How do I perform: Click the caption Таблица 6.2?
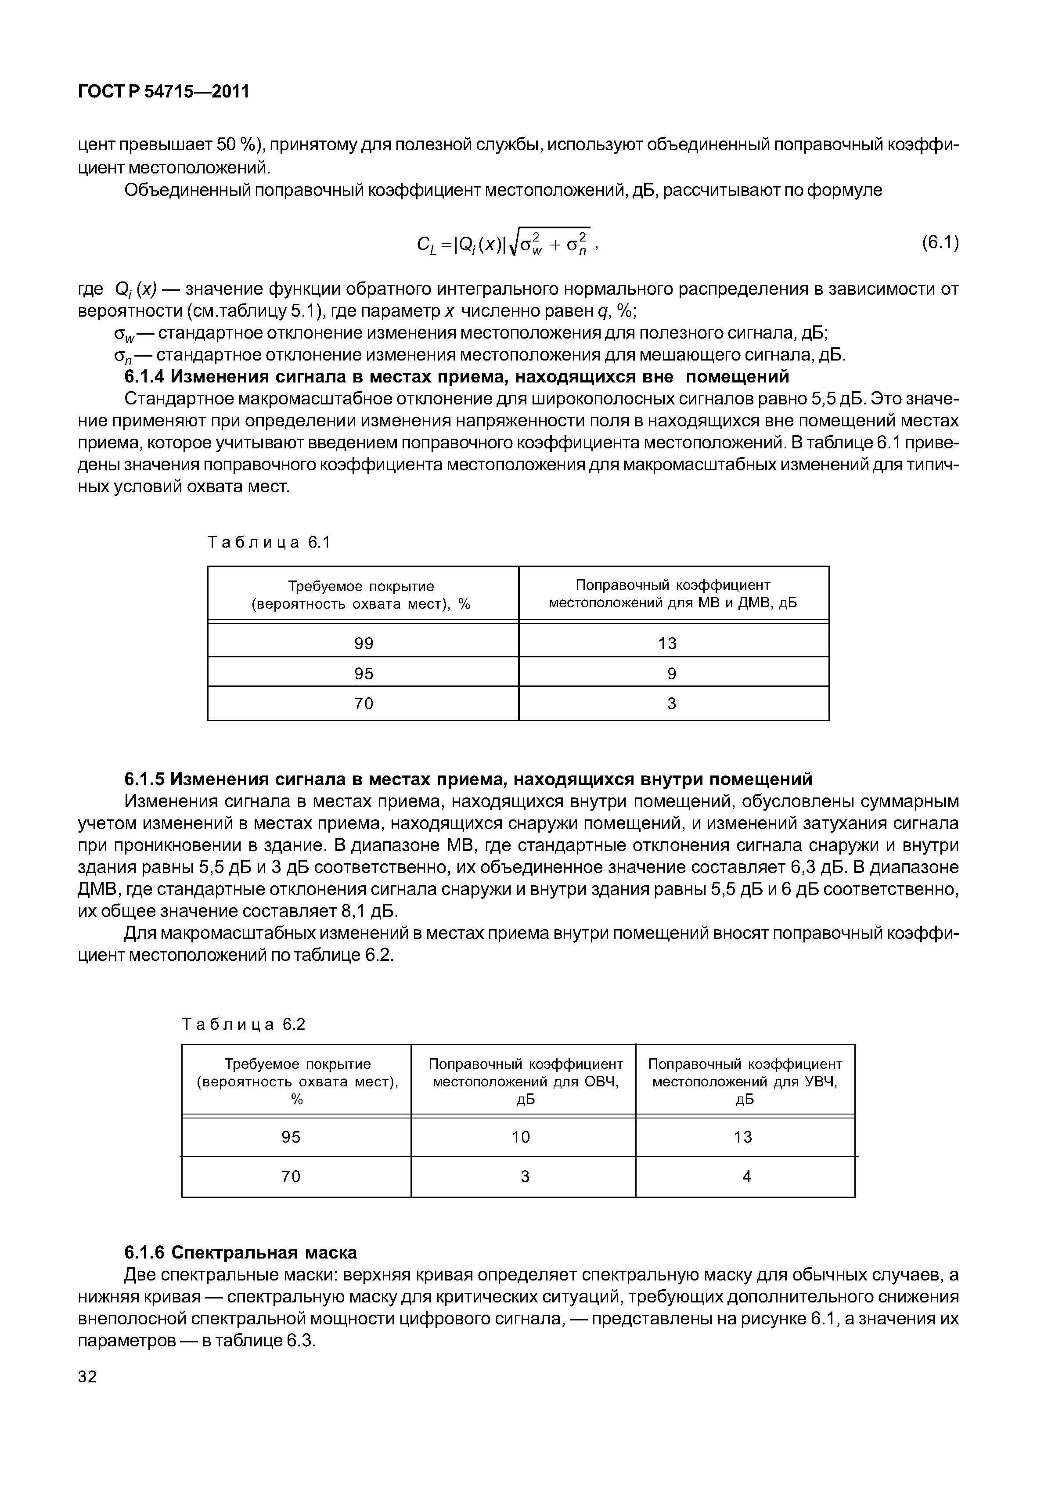pyautogui.click(x=244, y=1025)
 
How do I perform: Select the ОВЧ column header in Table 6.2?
pyautogui.click(x=525, y=1082)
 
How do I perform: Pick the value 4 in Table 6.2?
pyautogui.click(x=746, y=1176)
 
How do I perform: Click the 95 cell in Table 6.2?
pyautogui.click(x=291, y=1137)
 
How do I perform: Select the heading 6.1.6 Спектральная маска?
pyautogui.click(x=241, y=1252)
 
